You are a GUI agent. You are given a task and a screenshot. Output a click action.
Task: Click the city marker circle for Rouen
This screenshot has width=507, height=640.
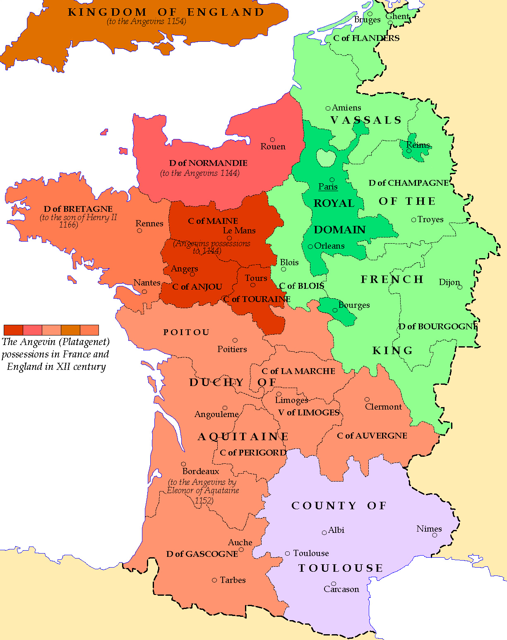click(272, 140)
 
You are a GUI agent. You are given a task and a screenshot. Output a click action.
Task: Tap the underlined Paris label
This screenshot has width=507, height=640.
click(328, 187)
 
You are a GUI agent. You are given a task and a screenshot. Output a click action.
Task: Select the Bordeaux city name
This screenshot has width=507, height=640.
click(201, 471)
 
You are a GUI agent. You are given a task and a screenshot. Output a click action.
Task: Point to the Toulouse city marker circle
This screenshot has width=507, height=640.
click(287, 554)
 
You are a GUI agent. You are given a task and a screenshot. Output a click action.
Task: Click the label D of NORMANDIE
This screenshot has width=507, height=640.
click(208, 163)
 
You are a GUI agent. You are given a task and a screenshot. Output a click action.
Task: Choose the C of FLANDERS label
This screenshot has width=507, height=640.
click(366, 38)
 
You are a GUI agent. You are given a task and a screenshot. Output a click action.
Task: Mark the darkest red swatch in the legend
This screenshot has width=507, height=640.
click(13, 330)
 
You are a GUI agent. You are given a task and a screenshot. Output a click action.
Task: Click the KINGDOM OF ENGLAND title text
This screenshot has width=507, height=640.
click(166, 12)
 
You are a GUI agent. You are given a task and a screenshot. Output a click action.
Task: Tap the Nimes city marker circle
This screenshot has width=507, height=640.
click(435, 535)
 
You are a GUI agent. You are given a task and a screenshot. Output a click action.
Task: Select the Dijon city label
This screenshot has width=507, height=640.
click(449, 282)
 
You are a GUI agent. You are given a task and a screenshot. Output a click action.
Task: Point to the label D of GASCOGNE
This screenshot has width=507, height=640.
click(202, 554)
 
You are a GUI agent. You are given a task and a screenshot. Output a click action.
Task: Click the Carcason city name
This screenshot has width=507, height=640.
click(341, 589)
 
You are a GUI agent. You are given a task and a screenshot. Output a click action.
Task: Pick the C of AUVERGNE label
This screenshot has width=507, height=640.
click(372, 436)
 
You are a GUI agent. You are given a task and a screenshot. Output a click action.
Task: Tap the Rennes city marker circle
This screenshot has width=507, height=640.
click(139, 230)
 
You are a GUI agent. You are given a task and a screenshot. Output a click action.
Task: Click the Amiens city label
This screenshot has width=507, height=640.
click(346, 108)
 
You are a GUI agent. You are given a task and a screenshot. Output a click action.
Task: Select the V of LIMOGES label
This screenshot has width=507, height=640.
click(309, 412)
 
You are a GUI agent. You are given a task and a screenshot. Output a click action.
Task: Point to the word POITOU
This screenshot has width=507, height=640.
click(186, 332)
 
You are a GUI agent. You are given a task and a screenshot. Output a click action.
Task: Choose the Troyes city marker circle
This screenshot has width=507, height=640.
click(413, 220)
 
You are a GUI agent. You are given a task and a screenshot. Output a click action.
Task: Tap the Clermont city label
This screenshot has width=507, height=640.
click(383, 407)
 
